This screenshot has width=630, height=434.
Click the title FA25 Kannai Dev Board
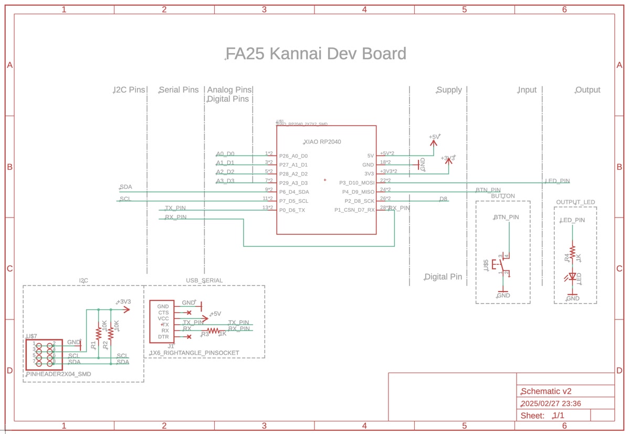(x=316, y=54)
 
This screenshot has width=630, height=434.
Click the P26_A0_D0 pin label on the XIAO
(x=293, y=156)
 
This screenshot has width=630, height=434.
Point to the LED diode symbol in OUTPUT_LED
(x=573, y=276)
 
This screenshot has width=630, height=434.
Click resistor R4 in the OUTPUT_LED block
(x=573, y=252)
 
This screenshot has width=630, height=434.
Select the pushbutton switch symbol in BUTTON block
(x=502, y=265)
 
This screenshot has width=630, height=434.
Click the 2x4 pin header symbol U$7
(x=44, y=354)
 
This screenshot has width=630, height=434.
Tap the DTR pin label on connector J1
(x=163, y=337)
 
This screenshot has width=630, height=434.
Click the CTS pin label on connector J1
(x=163, y=313)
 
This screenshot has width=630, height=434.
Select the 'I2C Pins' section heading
(x=129, y=90)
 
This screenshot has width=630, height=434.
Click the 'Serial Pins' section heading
(x=179, y=90)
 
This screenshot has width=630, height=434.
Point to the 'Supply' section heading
(x=449, y=90)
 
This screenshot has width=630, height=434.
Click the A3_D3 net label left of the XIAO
(x=225, y=181)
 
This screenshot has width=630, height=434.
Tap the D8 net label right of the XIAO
(x=443, y=199)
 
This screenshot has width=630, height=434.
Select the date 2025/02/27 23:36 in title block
(x=550, y=404)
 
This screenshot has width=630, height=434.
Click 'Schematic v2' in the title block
(x=545, y=391)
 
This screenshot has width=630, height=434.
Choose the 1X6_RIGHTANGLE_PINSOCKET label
(x=195, y=353)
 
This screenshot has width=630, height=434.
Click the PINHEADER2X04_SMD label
(x=58, y=374)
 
